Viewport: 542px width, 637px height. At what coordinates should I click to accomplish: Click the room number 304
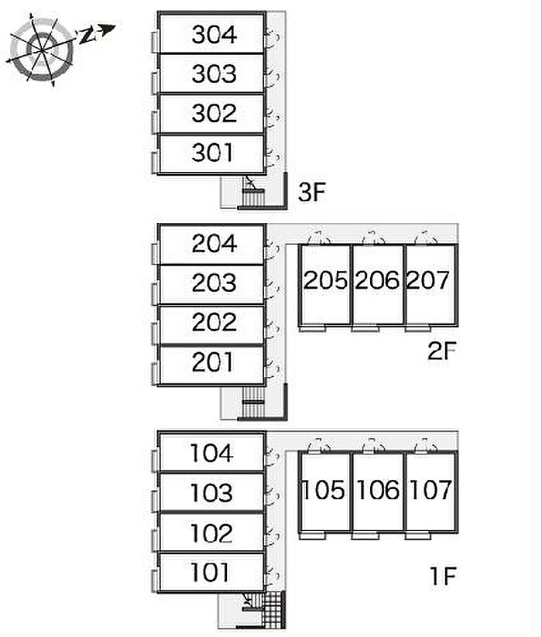pos(214,34)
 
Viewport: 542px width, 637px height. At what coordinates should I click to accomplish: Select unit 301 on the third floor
pos(212,152)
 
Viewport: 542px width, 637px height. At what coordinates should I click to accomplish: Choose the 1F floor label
pos(444,576)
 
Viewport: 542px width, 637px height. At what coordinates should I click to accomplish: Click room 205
pos(325,280)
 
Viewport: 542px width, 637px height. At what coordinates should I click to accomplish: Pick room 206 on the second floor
pos(377,280)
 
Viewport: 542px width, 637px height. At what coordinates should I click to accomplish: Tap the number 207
pos(428,280)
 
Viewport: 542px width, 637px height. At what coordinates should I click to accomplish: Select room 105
pos(325,490)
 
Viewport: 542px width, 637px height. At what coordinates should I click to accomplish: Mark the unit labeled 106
pos(377,490)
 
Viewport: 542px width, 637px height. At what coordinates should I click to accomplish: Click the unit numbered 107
pos(429,490)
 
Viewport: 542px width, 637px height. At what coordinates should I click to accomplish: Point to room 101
pos(211,573)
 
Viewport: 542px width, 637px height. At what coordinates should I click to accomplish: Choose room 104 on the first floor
pos(211,453)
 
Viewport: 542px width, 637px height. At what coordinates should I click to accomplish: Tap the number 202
pos(214,322)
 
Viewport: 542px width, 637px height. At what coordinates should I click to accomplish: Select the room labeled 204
pos(214,244)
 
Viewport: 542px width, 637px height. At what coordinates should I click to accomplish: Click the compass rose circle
pos(42,48)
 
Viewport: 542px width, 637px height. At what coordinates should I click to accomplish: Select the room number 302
pos(214,113)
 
